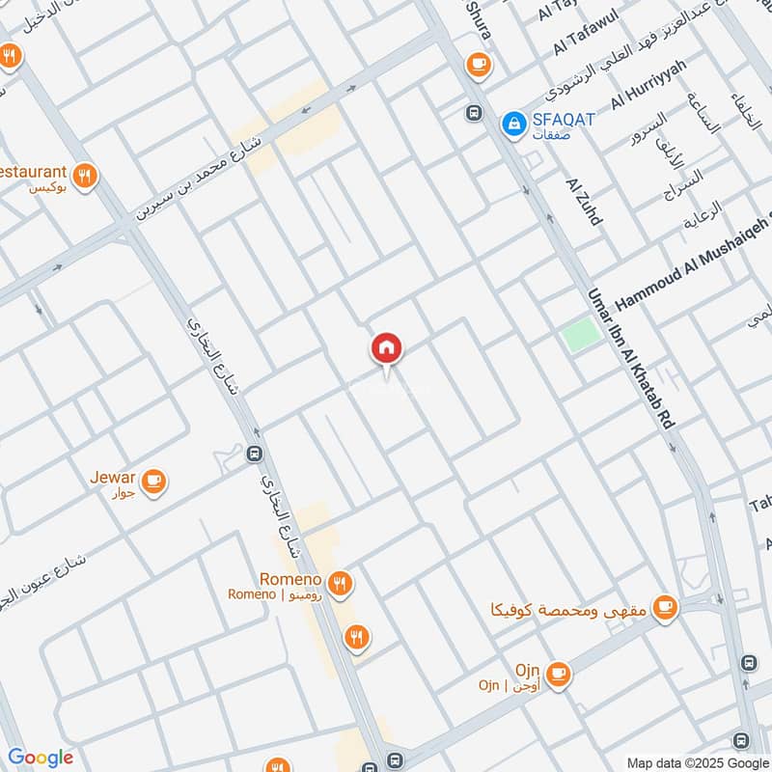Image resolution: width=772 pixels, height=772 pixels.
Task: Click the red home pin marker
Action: [386, 348]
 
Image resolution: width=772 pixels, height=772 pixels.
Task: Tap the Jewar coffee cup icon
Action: [152, 480]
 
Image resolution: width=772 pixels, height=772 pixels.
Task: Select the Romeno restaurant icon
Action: [338, 583]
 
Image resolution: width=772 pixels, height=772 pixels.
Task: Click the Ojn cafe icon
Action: [558, 673]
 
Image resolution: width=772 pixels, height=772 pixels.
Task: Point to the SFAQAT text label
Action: [564, 120]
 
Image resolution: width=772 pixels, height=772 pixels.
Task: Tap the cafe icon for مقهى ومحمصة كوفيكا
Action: [664, 607]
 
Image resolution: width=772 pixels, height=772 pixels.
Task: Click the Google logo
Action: [41, 758]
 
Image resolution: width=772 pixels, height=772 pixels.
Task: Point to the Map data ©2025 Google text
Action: [696, 760]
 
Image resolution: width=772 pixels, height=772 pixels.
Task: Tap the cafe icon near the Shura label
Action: [478, 64]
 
